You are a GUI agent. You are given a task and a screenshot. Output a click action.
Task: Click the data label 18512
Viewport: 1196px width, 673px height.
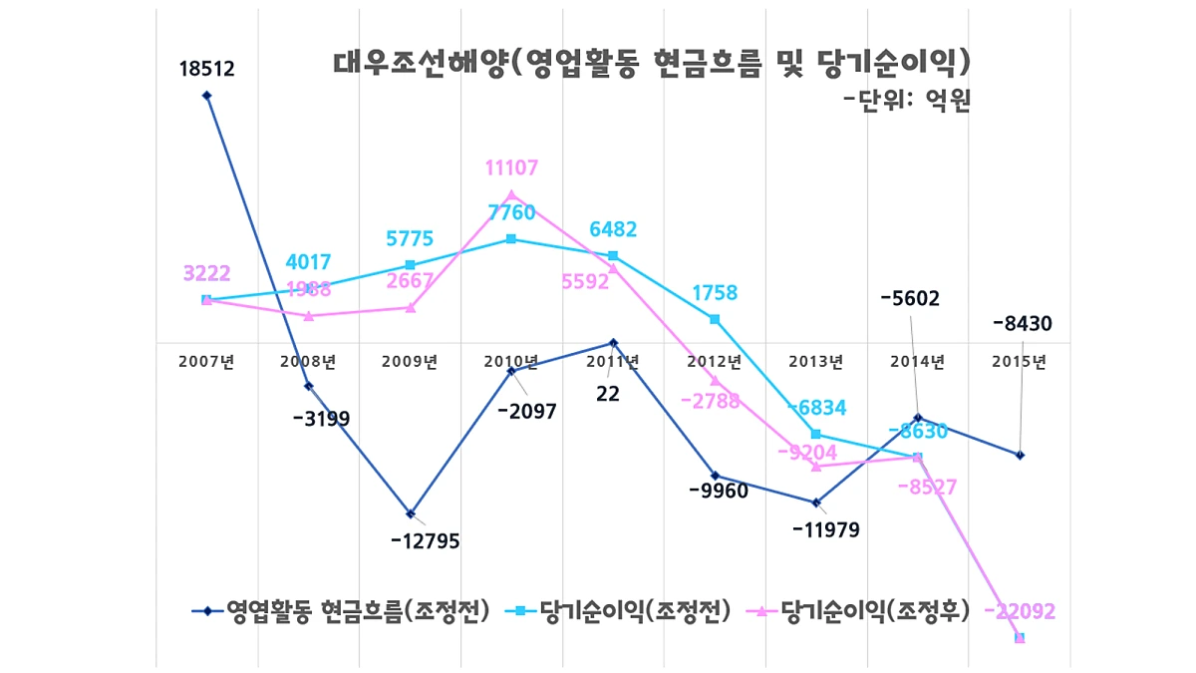(x=206, y=70)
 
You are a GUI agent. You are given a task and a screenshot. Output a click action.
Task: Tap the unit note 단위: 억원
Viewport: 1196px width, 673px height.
(x=906, y=100)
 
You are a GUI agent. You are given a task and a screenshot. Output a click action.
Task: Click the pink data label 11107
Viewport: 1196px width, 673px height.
(x=511, y=168)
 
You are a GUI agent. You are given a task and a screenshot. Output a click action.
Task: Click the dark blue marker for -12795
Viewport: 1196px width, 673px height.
(x=410, y=513)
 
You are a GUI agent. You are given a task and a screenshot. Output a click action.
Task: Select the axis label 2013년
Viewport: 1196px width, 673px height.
(x=815, y=362)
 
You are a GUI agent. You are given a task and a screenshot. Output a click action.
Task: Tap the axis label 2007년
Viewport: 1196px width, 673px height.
(x=206, y=362)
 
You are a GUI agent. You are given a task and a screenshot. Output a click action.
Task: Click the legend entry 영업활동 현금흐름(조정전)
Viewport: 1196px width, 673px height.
(x=341, y=611)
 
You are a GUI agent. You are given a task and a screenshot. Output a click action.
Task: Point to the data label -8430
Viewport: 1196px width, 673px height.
(x=1022, y=323)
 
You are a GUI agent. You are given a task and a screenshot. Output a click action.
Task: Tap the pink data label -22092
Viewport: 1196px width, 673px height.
(x=1019, y=611)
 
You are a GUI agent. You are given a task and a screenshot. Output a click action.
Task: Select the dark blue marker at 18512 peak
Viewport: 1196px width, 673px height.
(x=206, y=96)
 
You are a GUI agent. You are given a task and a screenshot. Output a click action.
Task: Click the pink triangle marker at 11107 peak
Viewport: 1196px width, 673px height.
(x=511, y=194)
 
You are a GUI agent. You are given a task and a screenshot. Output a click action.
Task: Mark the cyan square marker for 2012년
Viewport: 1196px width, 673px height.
(x=715, y=319)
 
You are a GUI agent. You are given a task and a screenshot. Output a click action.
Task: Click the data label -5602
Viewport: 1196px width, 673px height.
(x=910, y=298)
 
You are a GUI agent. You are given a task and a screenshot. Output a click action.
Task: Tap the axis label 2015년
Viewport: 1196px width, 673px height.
(x=1019, y=362)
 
